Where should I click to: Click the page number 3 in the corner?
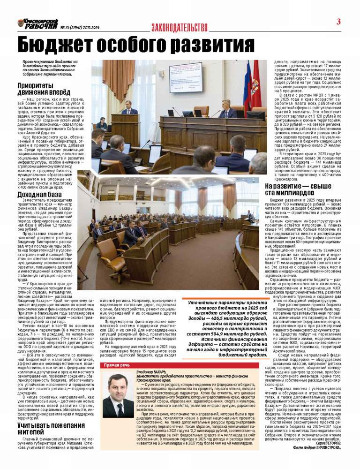click(x=338, y=22)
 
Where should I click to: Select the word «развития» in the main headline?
click(x=212, y=45)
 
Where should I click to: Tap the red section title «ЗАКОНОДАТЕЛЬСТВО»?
click(x=179, y=28)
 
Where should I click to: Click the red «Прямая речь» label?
click(x=117, y=364)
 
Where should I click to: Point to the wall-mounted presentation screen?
click(x=186, y=77)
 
